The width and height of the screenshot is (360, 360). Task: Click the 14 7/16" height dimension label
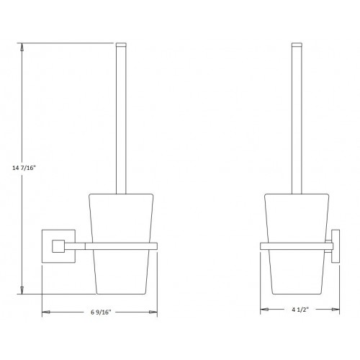24,167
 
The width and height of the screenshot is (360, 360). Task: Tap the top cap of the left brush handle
121,46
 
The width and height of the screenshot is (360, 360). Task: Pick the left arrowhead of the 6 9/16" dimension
45,312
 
